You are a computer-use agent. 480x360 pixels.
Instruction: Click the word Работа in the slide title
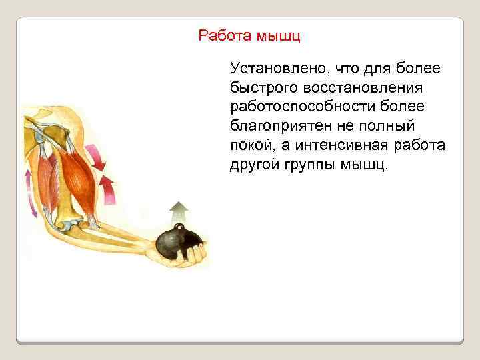point(222,35)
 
